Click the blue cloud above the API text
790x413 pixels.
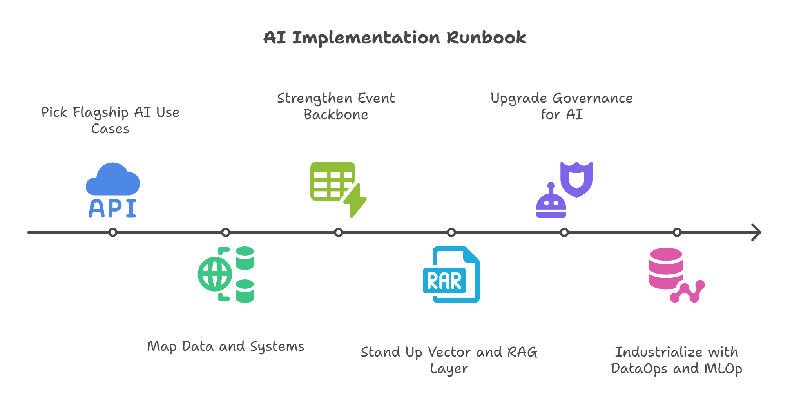(113, 181)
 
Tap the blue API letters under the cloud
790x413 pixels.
(112, 208)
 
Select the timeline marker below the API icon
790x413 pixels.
(113, 232)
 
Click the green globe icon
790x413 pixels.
(214, 274)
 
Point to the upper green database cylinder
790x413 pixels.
(245, 258)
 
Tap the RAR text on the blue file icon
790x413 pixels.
(444, 281)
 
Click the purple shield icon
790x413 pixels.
(576, 179)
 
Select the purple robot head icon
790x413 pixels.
(551, 203)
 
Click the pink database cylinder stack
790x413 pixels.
(666, 268)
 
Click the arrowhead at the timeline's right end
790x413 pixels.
(756, 232)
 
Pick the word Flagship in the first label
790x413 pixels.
(101, 113)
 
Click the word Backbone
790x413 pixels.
(336, 115)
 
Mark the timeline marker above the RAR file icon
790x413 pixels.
(451, 232)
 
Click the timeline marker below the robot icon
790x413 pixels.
(564, 232)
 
